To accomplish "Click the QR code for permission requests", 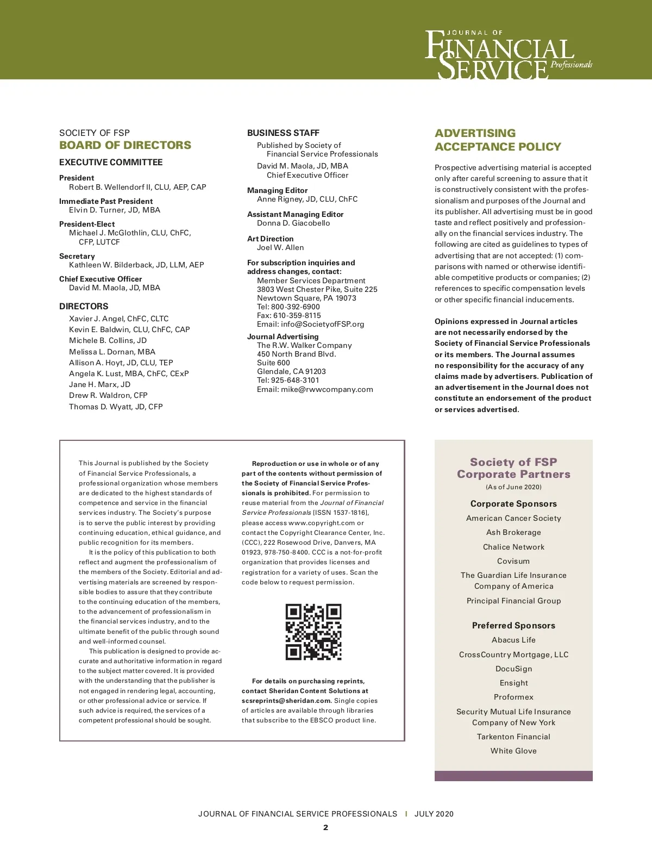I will coord(314,632).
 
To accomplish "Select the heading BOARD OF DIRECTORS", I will coord(125,145).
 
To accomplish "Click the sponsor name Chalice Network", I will coord(513,547).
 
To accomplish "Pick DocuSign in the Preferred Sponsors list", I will coord(513,669).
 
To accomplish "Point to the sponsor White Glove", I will coord(513,751).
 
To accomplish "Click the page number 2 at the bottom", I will coord(325,828).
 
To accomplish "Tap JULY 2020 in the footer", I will coord(434,814).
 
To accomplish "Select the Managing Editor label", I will coord(277,190).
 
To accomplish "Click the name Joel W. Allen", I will coord(280,247).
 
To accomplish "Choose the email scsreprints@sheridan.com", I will coord(286,701).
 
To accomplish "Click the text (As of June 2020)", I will coord(513,487).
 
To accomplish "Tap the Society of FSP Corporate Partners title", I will coord(513,468).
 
